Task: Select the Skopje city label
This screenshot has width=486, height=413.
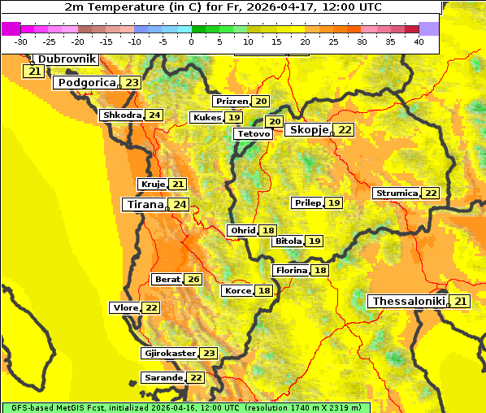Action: coord(309,130)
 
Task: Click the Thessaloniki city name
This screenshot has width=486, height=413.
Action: coord(409,302)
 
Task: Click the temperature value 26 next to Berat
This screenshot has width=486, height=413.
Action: coord(193,280)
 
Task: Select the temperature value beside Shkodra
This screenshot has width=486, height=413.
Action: coord(154,115)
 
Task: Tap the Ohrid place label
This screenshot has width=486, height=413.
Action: coord(242,231)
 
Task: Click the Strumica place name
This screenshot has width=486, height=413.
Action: coord(397,193)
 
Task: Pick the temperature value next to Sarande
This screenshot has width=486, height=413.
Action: coord(196,378)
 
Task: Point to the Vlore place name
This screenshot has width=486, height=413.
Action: coord(124,308)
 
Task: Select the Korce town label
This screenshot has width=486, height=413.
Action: coord(237,291)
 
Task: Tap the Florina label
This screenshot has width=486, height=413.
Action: coord(291,271)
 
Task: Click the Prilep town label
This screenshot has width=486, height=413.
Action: coord(307,202)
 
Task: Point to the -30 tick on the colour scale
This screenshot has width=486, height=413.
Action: coord(21,41)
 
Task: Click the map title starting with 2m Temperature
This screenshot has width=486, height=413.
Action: coord(222,7)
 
